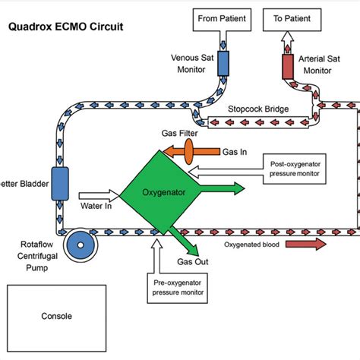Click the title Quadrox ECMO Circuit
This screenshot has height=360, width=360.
click(65, 28)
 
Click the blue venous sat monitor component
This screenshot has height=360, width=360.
click(224, 64)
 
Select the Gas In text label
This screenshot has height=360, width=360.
click(235, 152)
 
